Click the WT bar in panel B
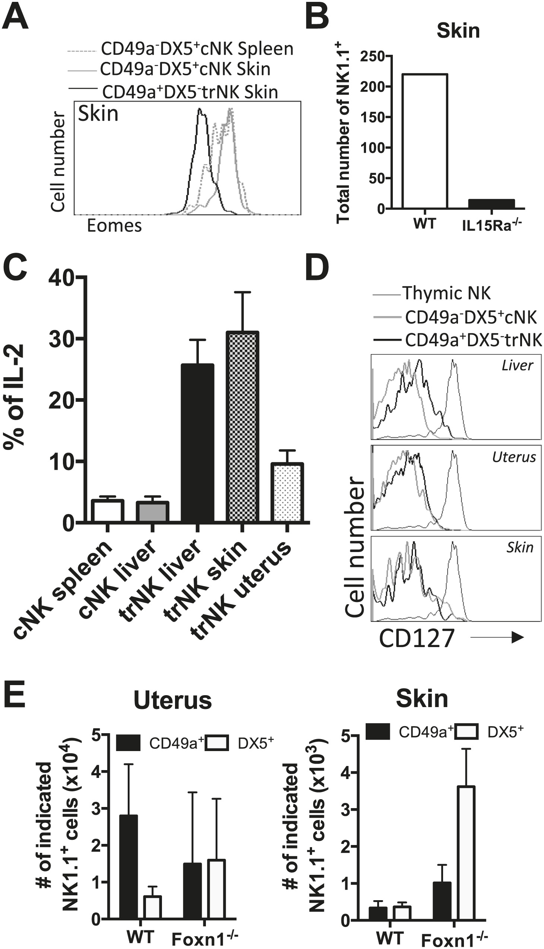click(x=425, y=141)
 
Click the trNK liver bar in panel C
click(x=197, y=443)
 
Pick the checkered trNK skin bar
click(x=242, y=427)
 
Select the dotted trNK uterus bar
click(x=287, y=492)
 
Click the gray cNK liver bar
click(x=152, y=512)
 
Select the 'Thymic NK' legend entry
click(x=446, y=293)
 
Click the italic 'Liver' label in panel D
click(x=517, y=365)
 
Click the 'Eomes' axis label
click(x=114, y=226)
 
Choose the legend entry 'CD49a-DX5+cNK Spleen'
click(x=197, y=49)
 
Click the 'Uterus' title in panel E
click(x=173, y=700)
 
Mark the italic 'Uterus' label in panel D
click(x=514, y=457)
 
